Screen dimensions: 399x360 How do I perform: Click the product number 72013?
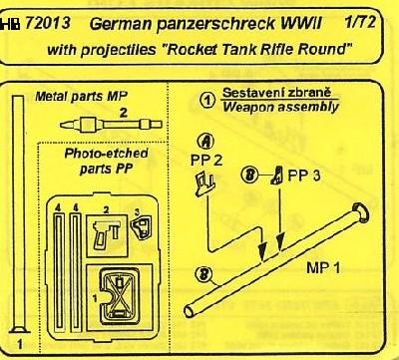(x=48, y=23)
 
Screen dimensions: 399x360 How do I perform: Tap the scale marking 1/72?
(x=360, y=22)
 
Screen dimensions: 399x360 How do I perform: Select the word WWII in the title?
(x=301, y=24)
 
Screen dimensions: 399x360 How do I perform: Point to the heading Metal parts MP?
(x=81, y=97)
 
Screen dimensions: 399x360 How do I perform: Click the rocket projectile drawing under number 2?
(x=111, y=125)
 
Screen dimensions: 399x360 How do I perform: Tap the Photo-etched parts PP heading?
(x=106, y=161)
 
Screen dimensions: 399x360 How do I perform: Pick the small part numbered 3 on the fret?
(x=142, y=226)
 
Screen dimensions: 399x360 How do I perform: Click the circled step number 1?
(x=208, y=100)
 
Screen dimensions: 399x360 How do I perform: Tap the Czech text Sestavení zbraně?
(x=276, y=93)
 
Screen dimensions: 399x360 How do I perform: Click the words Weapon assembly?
(x=280, y=107)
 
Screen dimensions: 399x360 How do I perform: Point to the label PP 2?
(x=206, y=162)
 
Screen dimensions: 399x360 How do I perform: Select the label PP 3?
(x=304, y=176)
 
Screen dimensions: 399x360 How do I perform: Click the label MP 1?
(x=323, y=267)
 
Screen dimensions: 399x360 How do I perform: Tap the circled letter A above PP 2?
(x=206, y=143)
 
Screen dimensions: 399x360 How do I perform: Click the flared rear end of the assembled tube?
(x=361, y=212)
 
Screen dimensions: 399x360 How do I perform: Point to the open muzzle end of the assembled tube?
(x=190, y=311)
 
